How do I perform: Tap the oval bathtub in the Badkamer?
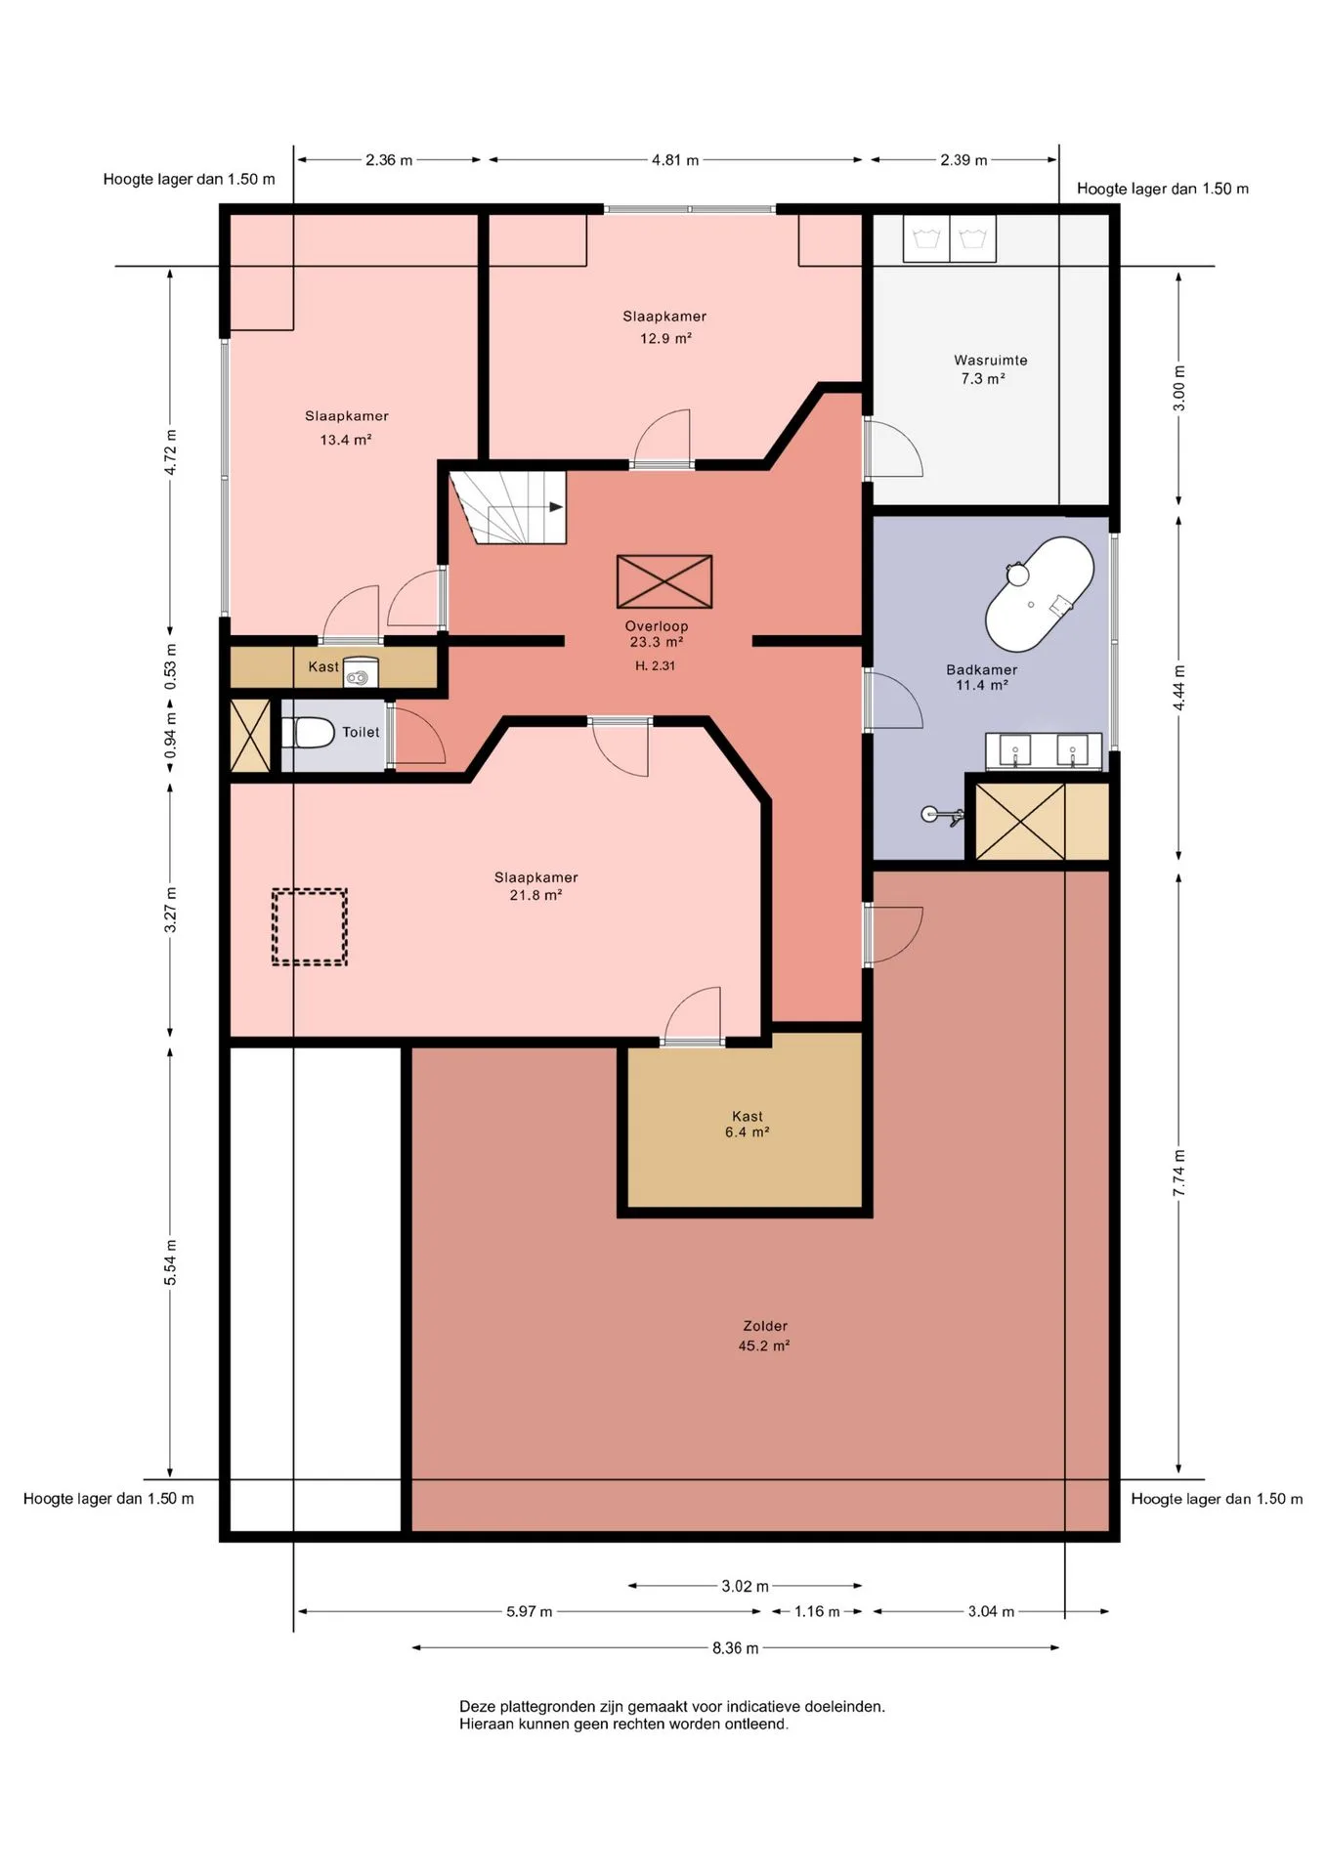(1039, 593)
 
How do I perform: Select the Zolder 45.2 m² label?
(764, 1336)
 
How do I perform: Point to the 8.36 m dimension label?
(735, 1648)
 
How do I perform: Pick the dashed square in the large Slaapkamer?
(310, 927)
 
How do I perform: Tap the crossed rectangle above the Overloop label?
(664, 581)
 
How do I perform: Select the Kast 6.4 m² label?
(748, 1125)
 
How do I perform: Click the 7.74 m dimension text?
(1179, 1172)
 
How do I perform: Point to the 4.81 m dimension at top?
(675, 160)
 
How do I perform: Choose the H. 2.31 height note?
(655, 666)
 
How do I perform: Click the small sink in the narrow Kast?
(361, 672)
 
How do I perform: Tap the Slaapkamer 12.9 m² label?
(664, 327)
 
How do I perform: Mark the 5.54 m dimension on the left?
(171, 1262)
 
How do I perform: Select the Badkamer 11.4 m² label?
(982, 677)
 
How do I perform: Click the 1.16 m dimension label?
(817, 1612)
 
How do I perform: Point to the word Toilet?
(361, 732)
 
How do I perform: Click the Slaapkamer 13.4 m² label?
(347, 428)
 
